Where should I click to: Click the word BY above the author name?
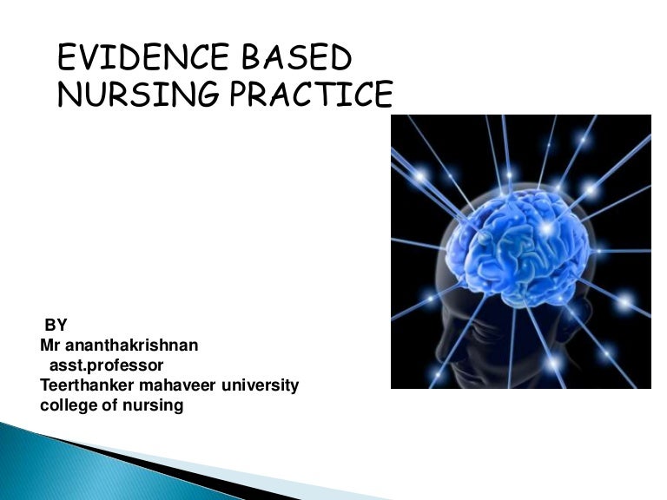56,326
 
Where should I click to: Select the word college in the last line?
67,405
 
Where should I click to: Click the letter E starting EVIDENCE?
67,58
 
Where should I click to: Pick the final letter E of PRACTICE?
381,95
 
